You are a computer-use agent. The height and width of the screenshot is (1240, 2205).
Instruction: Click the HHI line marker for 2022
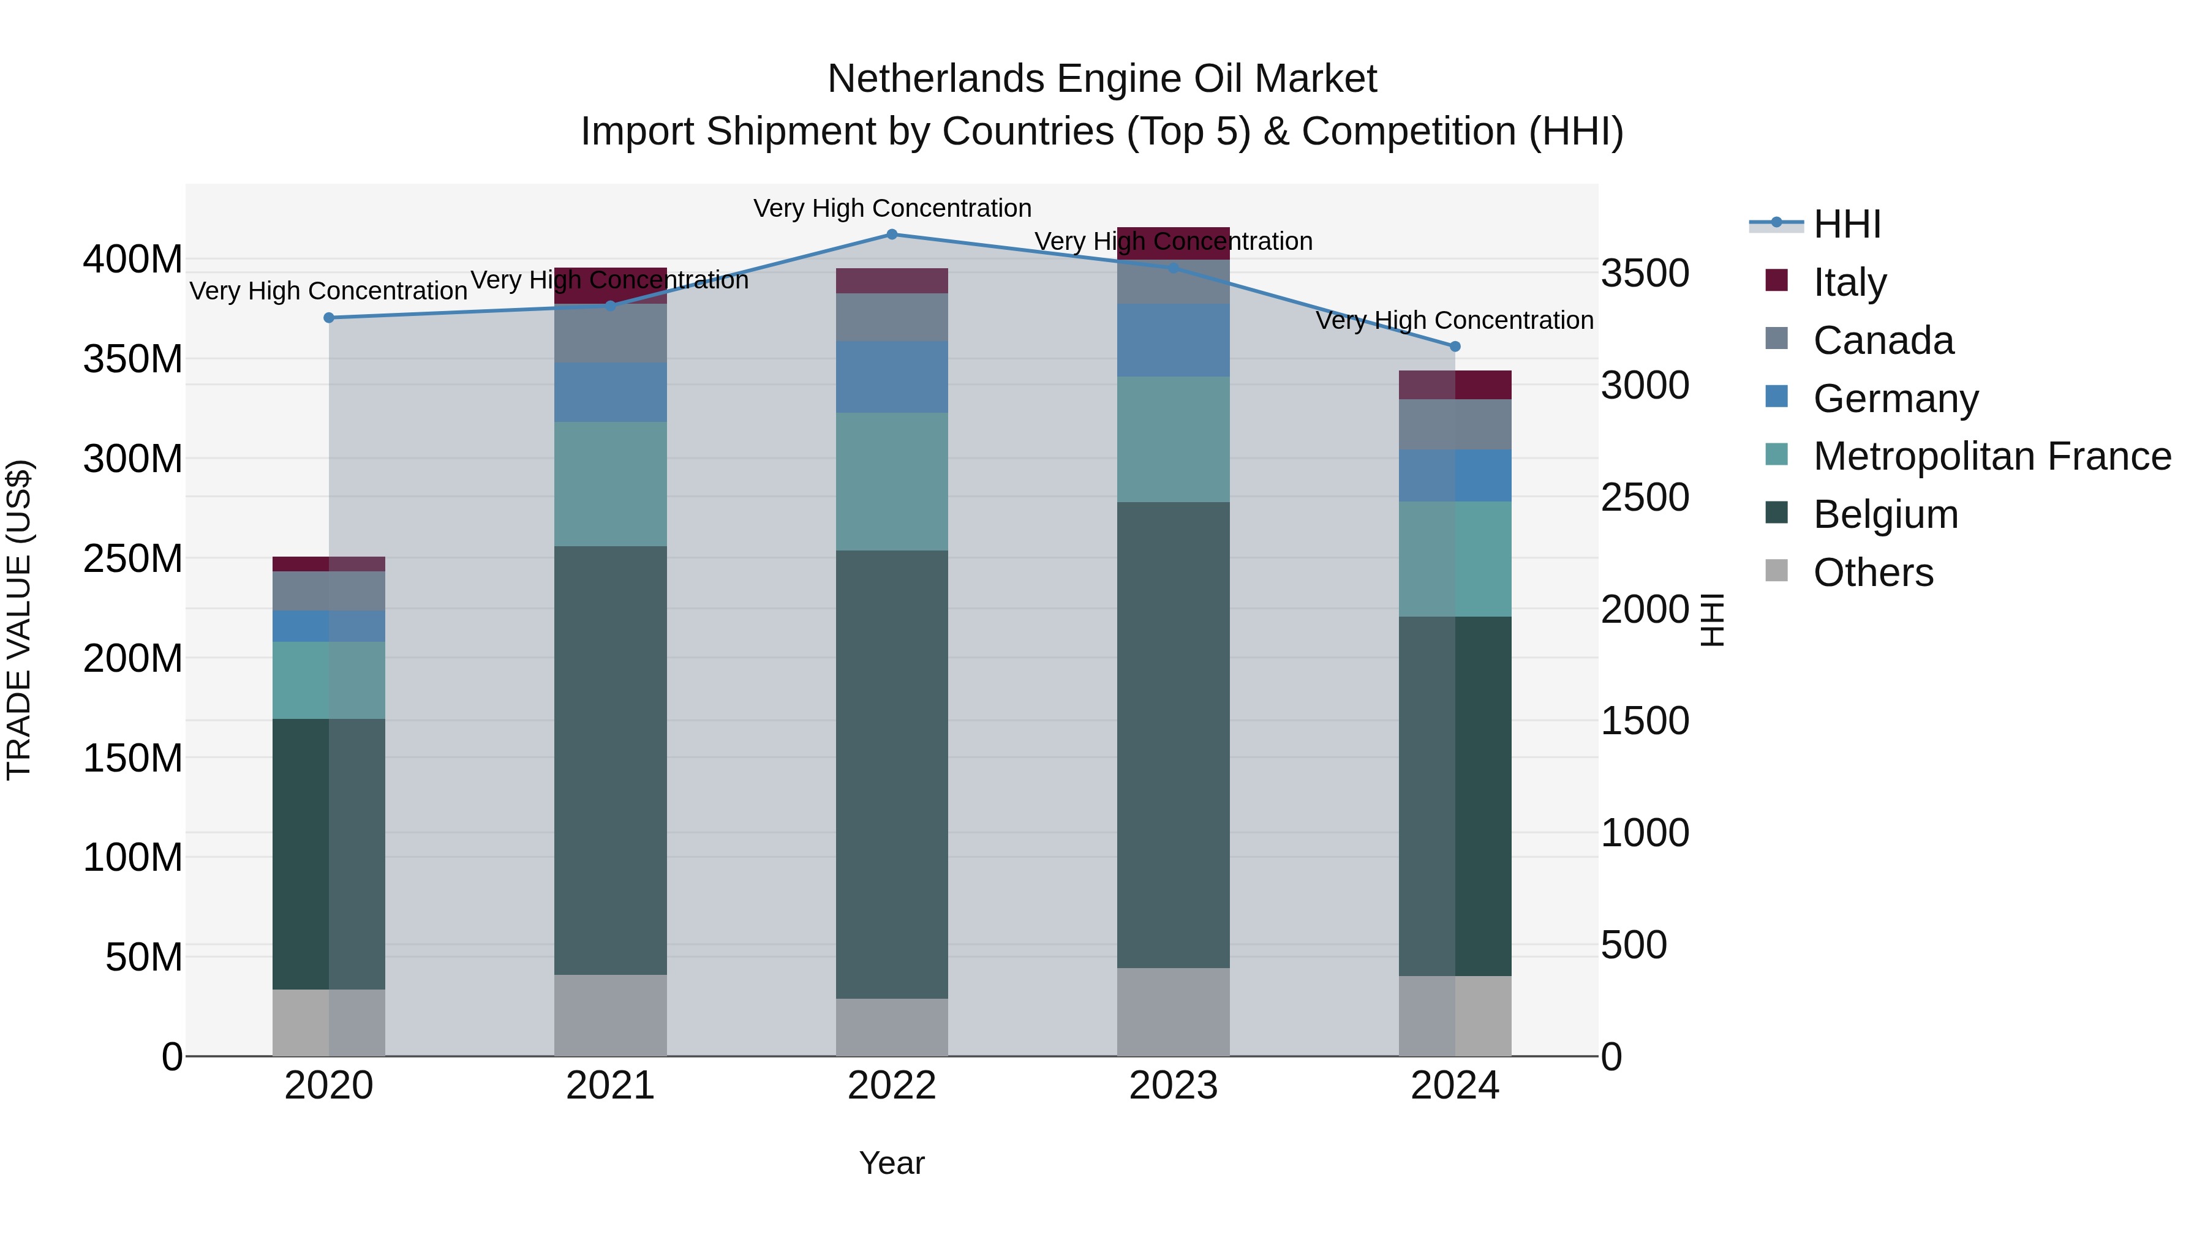pyautogui.click(x=891, y=234)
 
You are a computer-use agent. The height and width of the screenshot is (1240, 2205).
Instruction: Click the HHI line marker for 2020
pyautogui.click(x=329, y=317)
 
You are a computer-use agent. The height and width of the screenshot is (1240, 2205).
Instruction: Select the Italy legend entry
pyautogui.click(x=1849, y=282)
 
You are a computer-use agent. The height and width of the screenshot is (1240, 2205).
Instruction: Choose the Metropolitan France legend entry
pyautogui.click(x=1991, y=456)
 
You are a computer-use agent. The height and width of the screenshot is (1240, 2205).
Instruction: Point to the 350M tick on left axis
pyautogui.click(x=133, y=359)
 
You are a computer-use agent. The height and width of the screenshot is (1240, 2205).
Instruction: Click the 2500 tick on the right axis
pyautogui.click(x=1645, y=497)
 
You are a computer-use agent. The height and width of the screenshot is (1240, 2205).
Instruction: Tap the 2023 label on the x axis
pyautogui.click(x=1173, y=1086)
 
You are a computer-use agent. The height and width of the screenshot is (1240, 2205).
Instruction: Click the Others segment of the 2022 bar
pyautogui.click(x=891, y=1027)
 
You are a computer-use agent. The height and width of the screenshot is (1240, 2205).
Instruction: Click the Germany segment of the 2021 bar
pyautogui.click(x=610, y=392)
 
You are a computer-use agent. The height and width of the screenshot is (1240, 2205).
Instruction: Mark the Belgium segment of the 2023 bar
pyautogui.click(x=1173, y=734)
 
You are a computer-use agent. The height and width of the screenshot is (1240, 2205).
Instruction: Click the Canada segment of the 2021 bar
pyautogui.click(x=610, y=334)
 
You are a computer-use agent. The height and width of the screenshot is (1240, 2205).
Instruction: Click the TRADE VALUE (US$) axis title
pyautogui.click(x=19, y=620)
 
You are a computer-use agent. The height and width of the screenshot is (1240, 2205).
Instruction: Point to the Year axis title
pyautogui.click(x=891, y=1163)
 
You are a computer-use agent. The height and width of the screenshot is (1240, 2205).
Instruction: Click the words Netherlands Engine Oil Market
pyautogui.click(x=1102, y=79)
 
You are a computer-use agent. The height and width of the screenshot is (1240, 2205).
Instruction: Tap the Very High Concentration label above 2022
pyautogui.click(x=892, y=208)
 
